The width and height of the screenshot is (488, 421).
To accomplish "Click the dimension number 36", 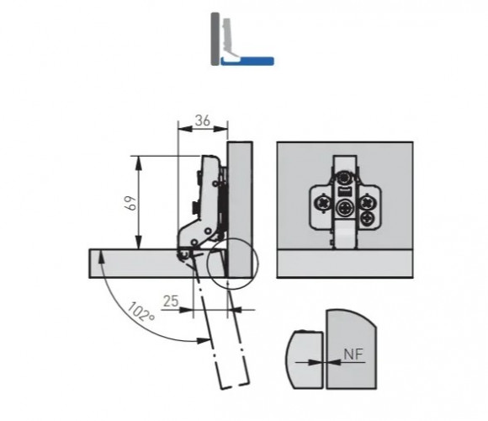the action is pyautogui.click(x=202, y=120).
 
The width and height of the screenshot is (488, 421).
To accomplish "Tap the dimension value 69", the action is pyautogui.click(x=131, y=203).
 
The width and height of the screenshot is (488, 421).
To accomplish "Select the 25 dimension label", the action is pyautogui.click(x=171, y=301).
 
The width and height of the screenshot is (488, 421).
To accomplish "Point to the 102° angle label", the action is pyautogui.click(x=141, y=312).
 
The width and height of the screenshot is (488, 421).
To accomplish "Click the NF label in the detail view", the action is pyautogui.click(x=353, y=354).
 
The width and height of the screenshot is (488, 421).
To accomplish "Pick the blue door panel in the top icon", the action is pyautogui.click(x=247, y=61).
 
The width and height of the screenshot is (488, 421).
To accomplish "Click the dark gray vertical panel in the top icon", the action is pyautogui.click(x=215, y=39).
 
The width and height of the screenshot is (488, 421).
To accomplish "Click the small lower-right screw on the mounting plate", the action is pyautogui.click(x=369, y=218).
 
